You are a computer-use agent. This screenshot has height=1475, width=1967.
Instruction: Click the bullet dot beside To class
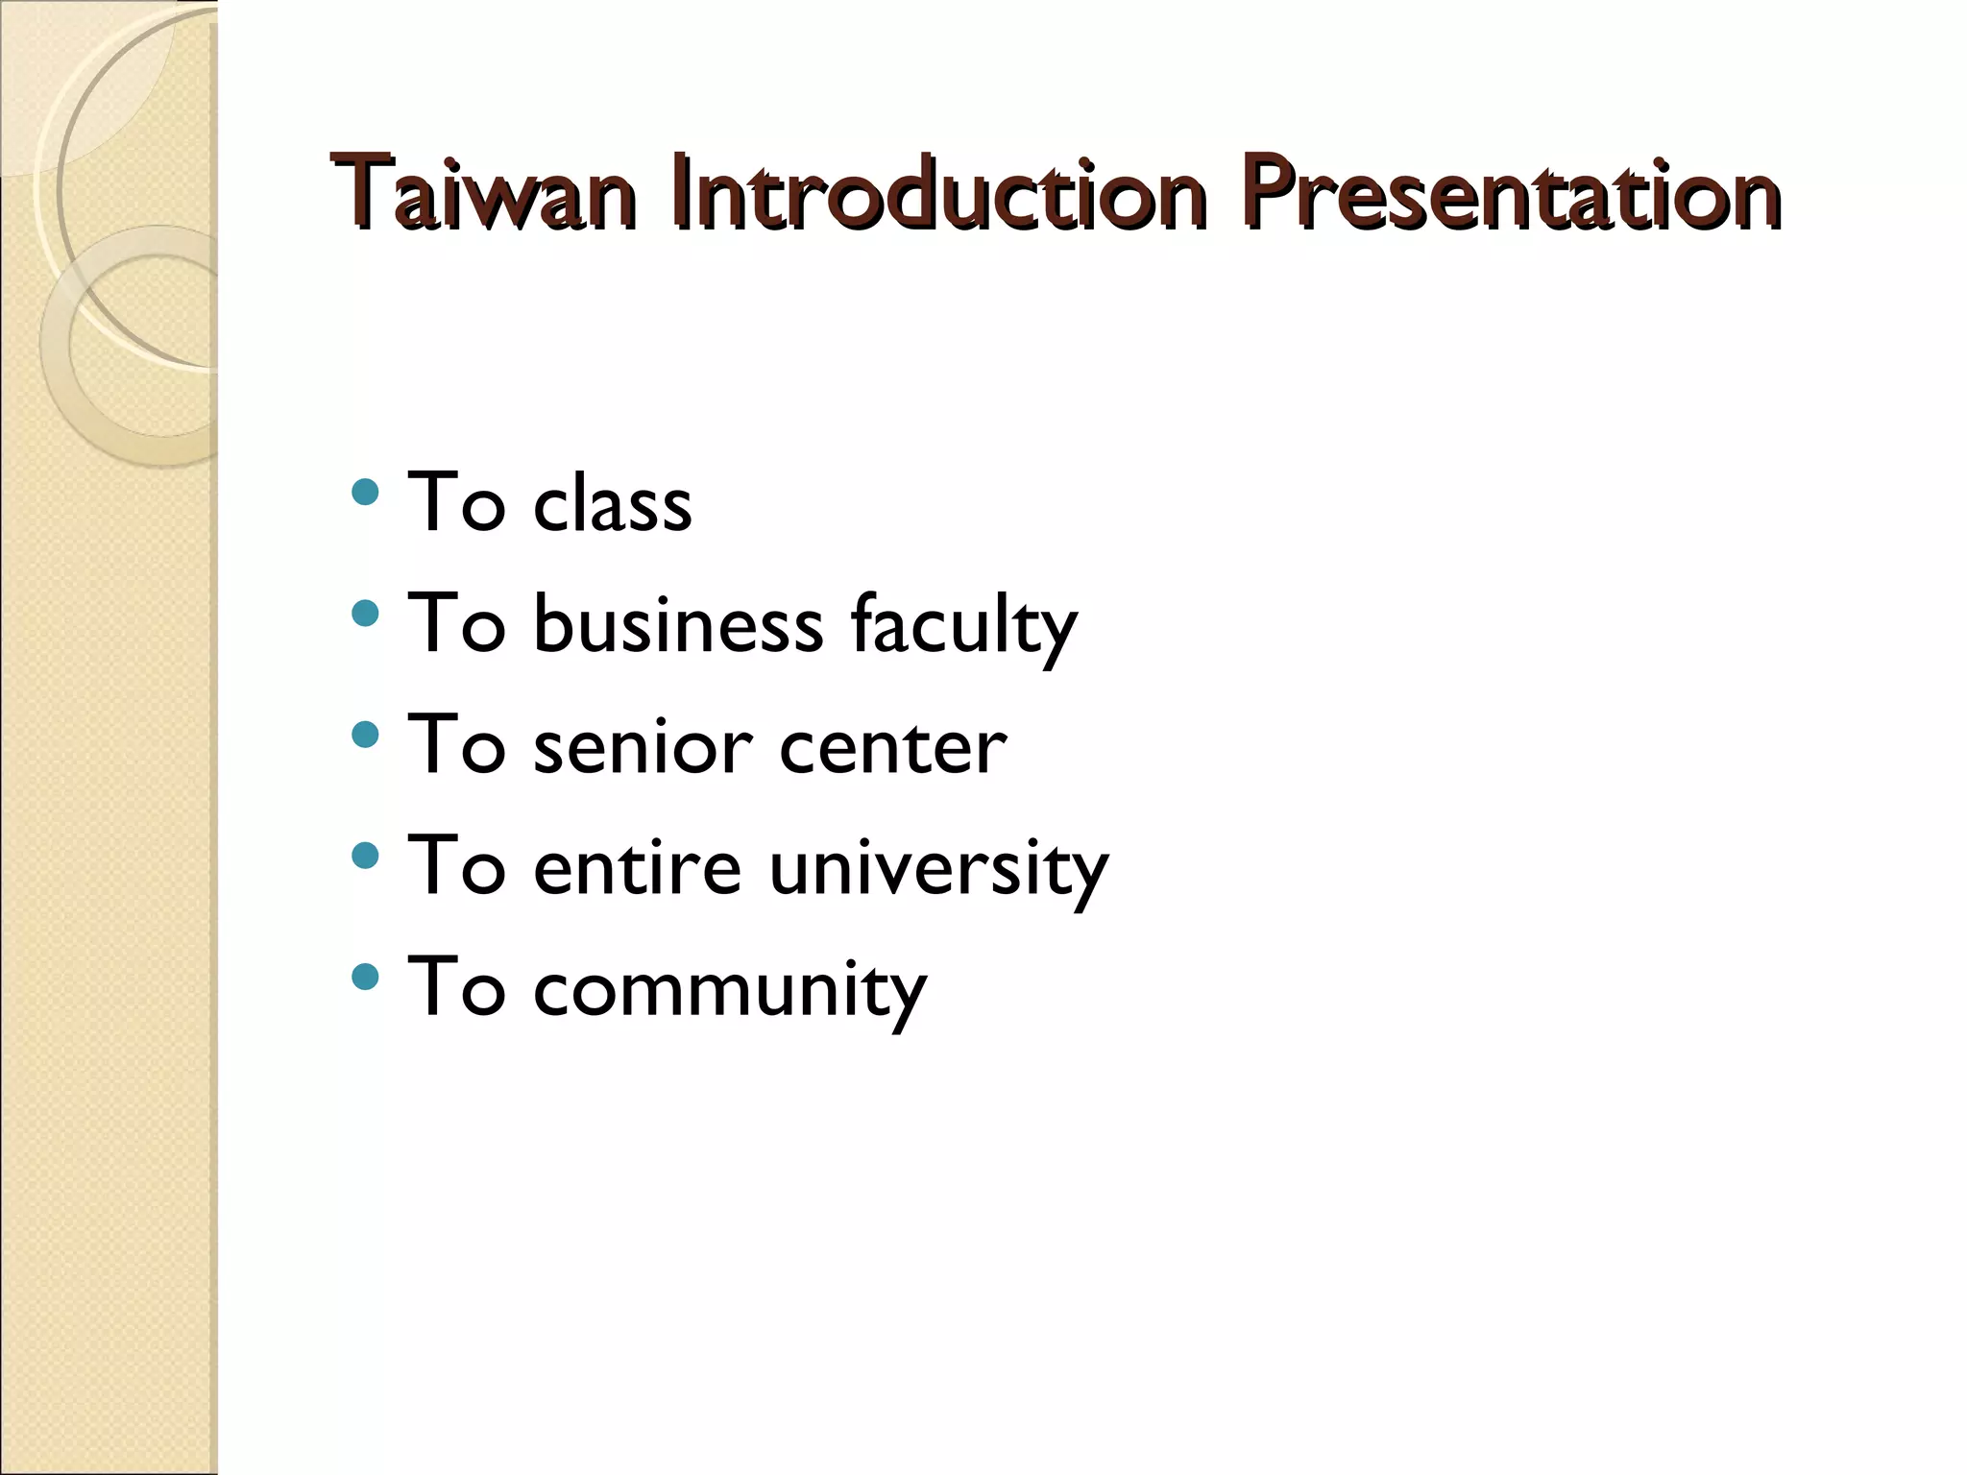click(365, 493)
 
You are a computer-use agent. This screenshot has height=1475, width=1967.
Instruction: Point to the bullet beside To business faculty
click(365, 614)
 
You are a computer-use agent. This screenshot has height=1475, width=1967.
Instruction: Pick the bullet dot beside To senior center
click(365, 735)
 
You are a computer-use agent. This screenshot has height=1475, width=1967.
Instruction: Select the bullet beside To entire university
click(365, 856)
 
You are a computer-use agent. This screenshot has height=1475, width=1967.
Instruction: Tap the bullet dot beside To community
click(365, 977)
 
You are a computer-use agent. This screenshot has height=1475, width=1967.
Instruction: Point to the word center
click(893, 746)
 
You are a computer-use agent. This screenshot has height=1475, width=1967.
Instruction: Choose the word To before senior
click(456, 746)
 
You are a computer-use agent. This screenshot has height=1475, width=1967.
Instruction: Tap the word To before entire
click(456, 866)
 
